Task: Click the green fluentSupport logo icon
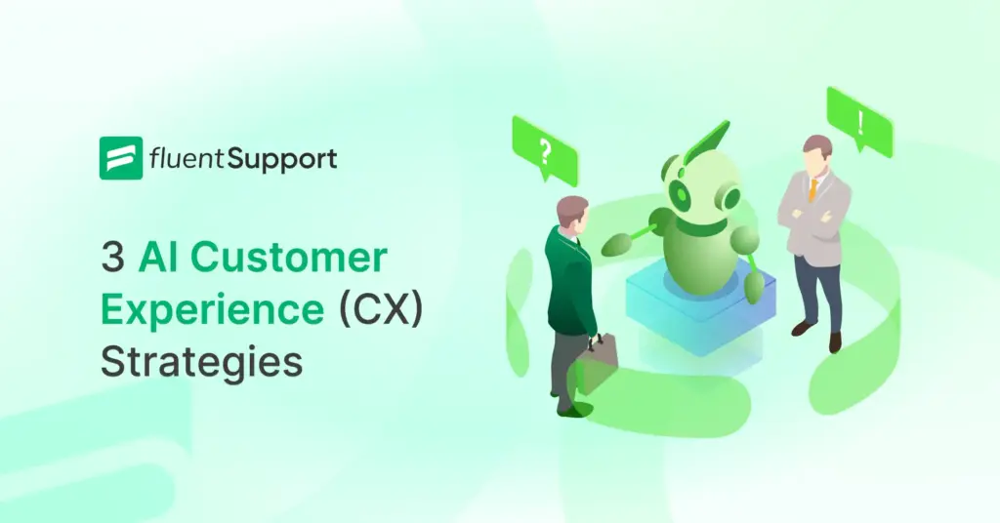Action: coord(121,158)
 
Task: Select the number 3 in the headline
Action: coord(113,259)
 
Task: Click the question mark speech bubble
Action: coord(545,149)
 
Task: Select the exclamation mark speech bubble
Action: coord(859,121)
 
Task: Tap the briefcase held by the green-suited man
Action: coord(597,361)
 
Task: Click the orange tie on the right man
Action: coord(812,186)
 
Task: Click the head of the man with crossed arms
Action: coord(816,154)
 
